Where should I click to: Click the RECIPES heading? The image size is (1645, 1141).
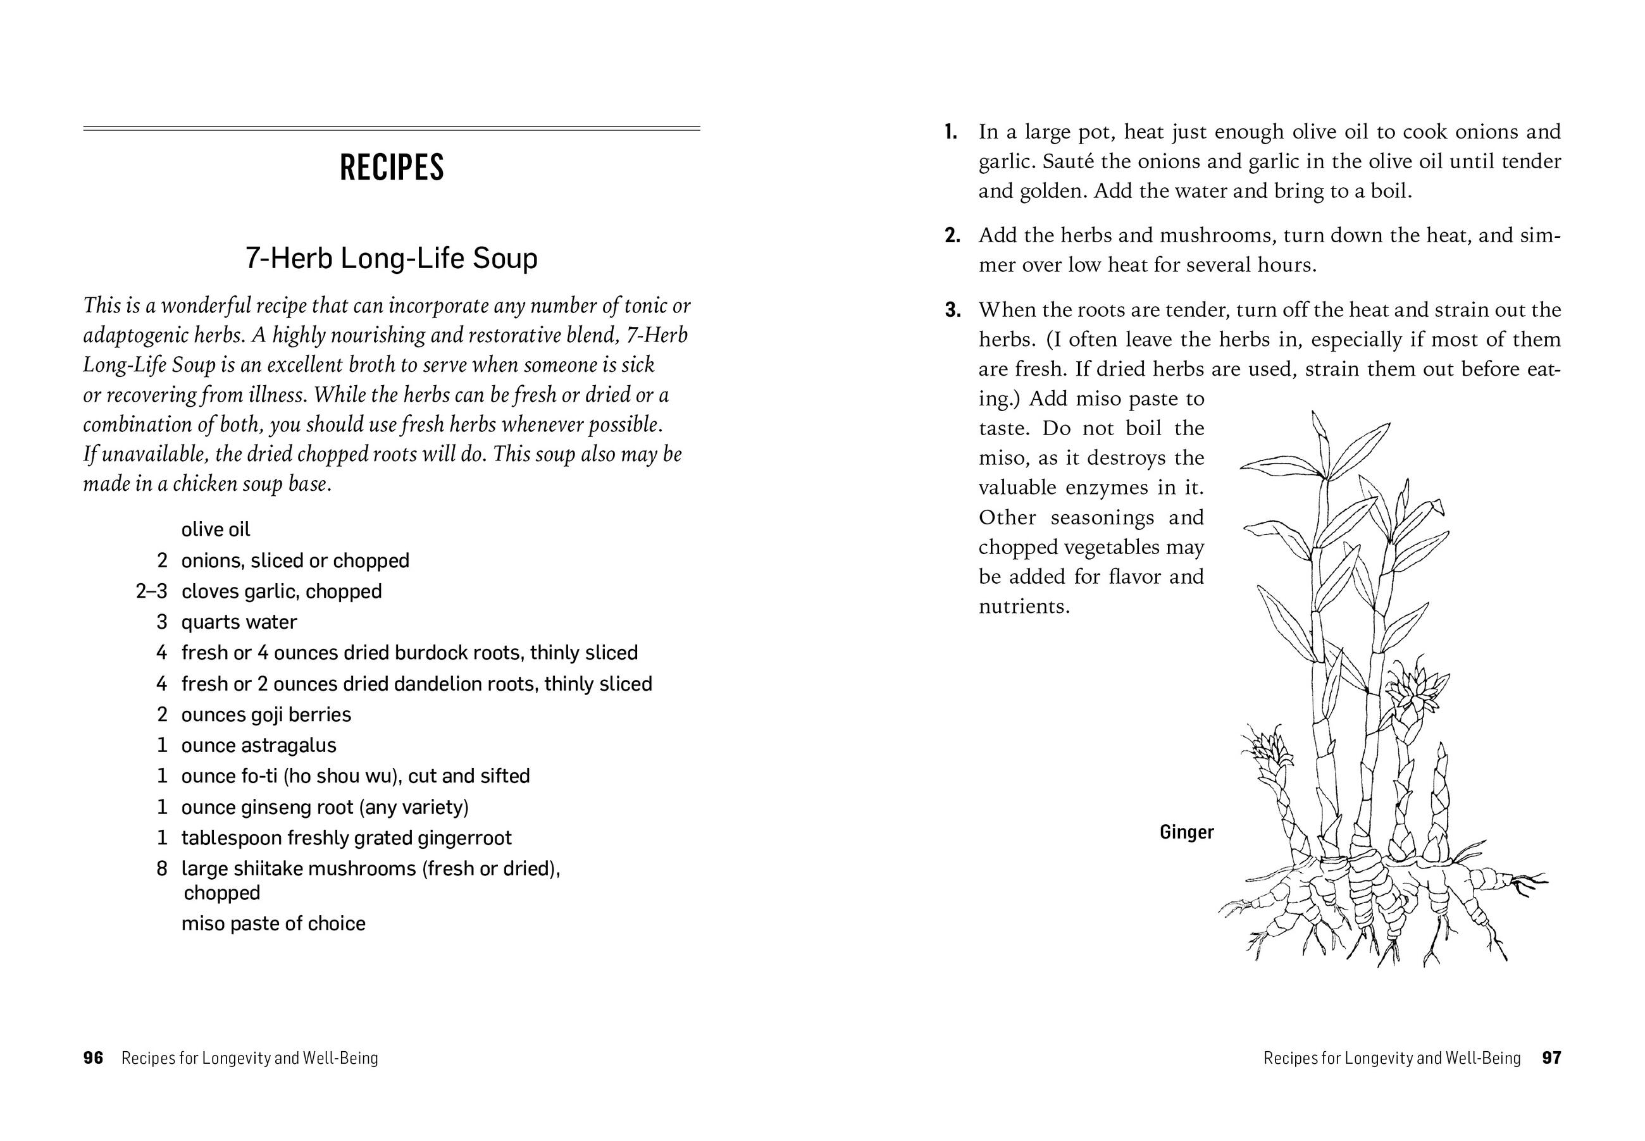pyautogui.click(x=391, y=167)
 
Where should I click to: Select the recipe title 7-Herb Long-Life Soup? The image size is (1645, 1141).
pyautogui.click(x=391, y=258)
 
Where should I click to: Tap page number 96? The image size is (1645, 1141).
pyautogui.click(x=93, y=1058)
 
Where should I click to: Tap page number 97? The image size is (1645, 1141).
pyautogui.click(x=1551, y=1058)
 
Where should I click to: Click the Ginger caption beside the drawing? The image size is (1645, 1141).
pyautogui.click(x=1186, y=832)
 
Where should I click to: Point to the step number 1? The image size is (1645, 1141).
pyautogui.click(x=950, y=132)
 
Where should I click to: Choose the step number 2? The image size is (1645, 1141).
pyautogui.click(x=952, y=236)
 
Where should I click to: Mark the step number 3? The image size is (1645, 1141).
pyautogui.click(x=952, y=311)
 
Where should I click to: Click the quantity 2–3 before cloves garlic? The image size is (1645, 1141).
pyautogui.click(x=152, y=591)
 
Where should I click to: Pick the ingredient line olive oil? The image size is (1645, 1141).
pyautogui.click(x=216, y=530)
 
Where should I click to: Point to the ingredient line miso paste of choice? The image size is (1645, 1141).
pyautogui.click(x=273, y=923)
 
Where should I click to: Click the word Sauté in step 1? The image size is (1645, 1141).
pyautogui.click(x=1069, y=161)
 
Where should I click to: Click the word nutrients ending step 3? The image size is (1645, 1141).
pyautogui.click(x=1024, y=607)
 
